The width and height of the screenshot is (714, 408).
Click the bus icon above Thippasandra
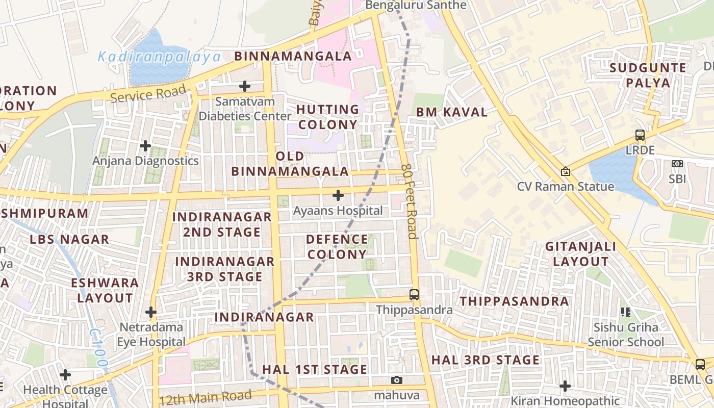414,294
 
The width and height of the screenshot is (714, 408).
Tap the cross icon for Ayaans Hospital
338,195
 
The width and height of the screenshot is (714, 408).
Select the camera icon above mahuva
397,380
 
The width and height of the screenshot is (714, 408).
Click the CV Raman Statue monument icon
565,172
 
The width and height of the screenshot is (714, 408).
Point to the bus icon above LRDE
640,135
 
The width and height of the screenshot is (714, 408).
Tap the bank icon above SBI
677,164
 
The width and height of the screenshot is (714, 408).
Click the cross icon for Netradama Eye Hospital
150,312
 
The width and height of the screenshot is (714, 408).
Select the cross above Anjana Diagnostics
145,146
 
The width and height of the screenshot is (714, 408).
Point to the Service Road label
148,94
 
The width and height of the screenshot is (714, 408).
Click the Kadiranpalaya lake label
159,57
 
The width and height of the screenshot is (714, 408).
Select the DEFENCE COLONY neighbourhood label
337,247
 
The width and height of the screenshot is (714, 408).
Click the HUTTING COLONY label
328,117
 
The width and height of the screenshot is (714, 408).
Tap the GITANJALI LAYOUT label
581,254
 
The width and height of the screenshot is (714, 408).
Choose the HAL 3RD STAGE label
485,360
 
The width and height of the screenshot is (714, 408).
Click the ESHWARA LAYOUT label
105,290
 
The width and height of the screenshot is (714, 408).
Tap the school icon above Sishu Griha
625,312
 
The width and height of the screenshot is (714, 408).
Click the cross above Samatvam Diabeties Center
245,86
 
